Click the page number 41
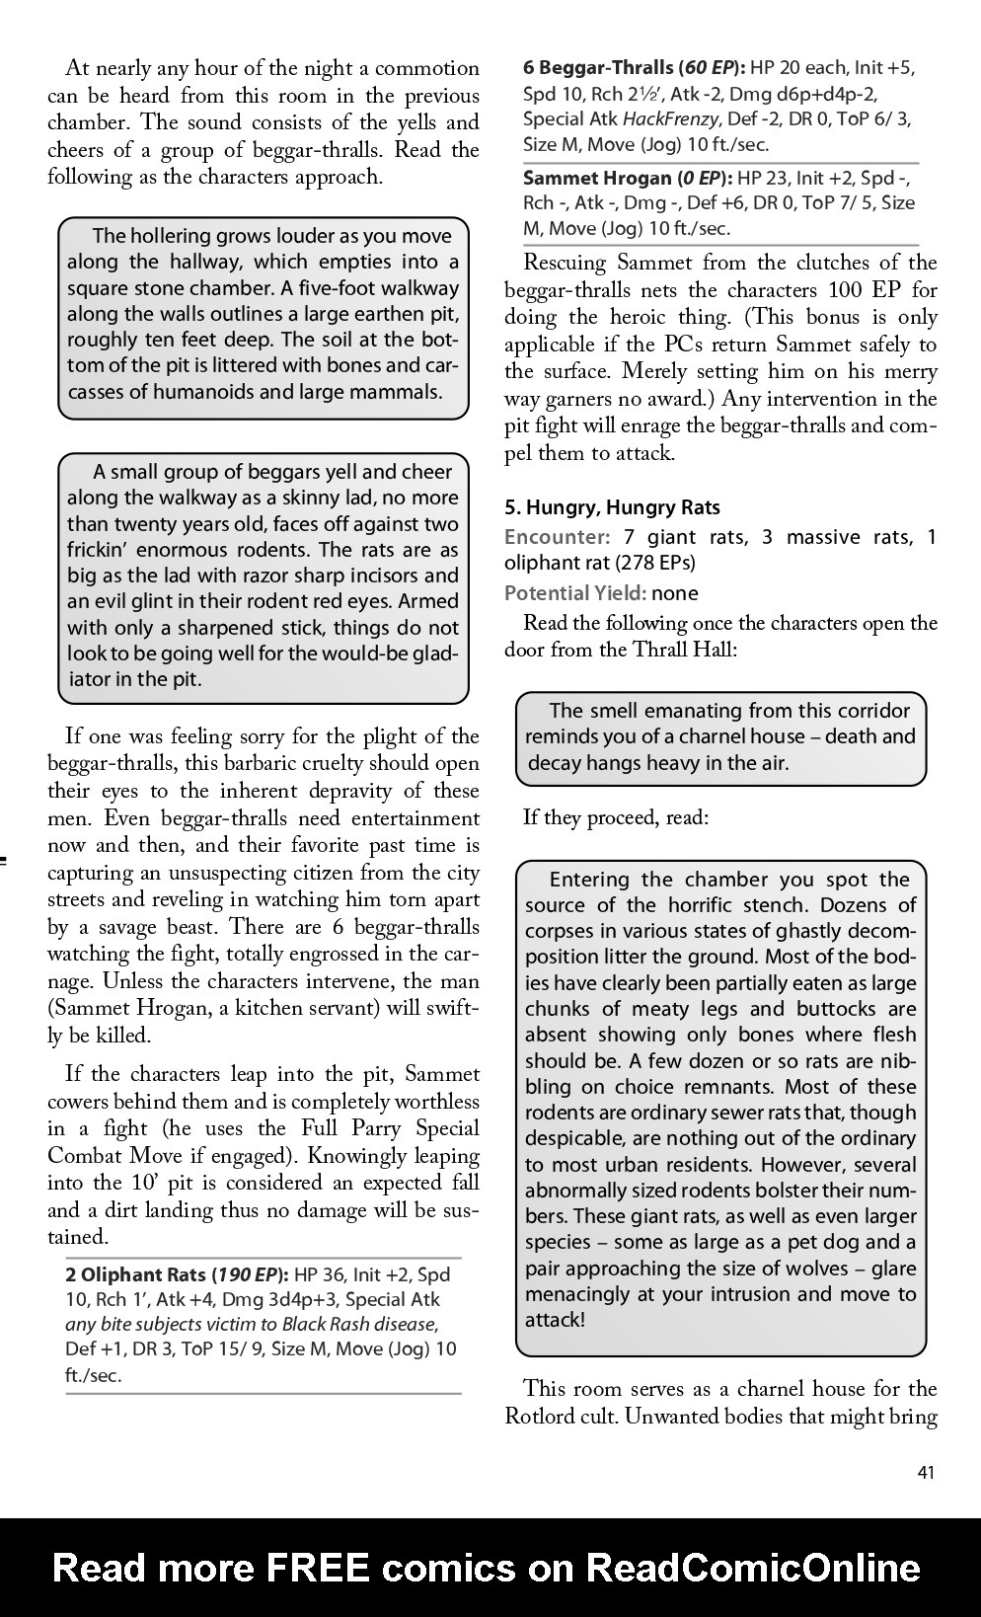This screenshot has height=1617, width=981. pos(926,1473)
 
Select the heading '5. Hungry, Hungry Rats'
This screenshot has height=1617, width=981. pos(612,507)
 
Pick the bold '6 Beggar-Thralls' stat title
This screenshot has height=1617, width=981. pos(598,68)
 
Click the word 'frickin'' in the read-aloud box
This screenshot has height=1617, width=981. pos(106,550)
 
